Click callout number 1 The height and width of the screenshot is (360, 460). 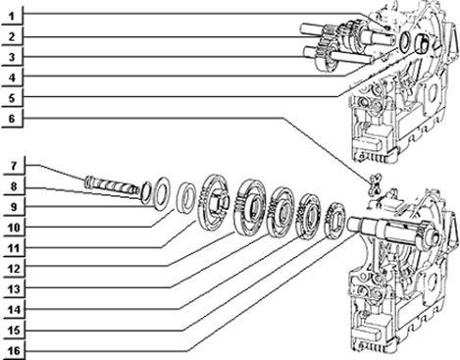point(12,17)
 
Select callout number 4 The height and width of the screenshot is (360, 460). point(12,77)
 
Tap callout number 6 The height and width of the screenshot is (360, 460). point(12,119)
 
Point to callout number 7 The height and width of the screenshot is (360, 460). point(14,166)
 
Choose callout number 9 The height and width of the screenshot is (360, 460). point(14,207)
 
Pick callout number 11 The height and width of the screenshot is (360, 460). point(14,248)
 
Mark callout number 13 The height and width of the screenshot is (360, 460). point(14,289)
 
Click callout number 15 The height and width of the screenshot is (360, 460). point(14,331)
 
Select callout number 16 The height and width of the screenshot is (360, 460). point(14,351)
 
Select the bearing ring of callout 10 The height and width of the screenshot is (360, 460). point(186,198)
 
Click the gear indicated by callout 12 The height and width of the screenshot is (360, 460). point(249,207)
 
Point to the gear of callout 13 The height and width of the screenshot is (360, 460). point(281,211)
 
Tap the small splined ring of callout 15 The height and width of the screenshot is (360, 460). point(334,218)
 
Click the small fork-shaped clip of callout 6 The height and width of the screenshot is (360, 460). point(375,184)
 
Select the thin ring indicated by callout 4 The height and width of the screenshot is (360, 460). point(404,42)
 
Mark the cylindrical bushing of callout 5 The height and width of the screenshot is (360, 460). point(422,43)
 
